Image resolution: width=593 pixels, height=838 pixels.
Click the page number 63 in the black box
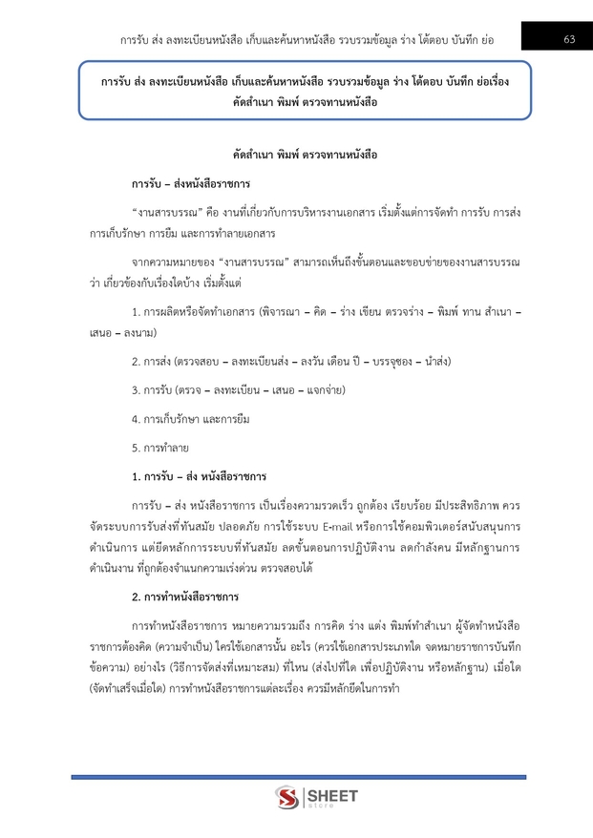click(569, 39)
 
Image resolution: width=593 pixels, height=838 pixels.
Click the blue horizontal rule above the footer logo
click(296, 751)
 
